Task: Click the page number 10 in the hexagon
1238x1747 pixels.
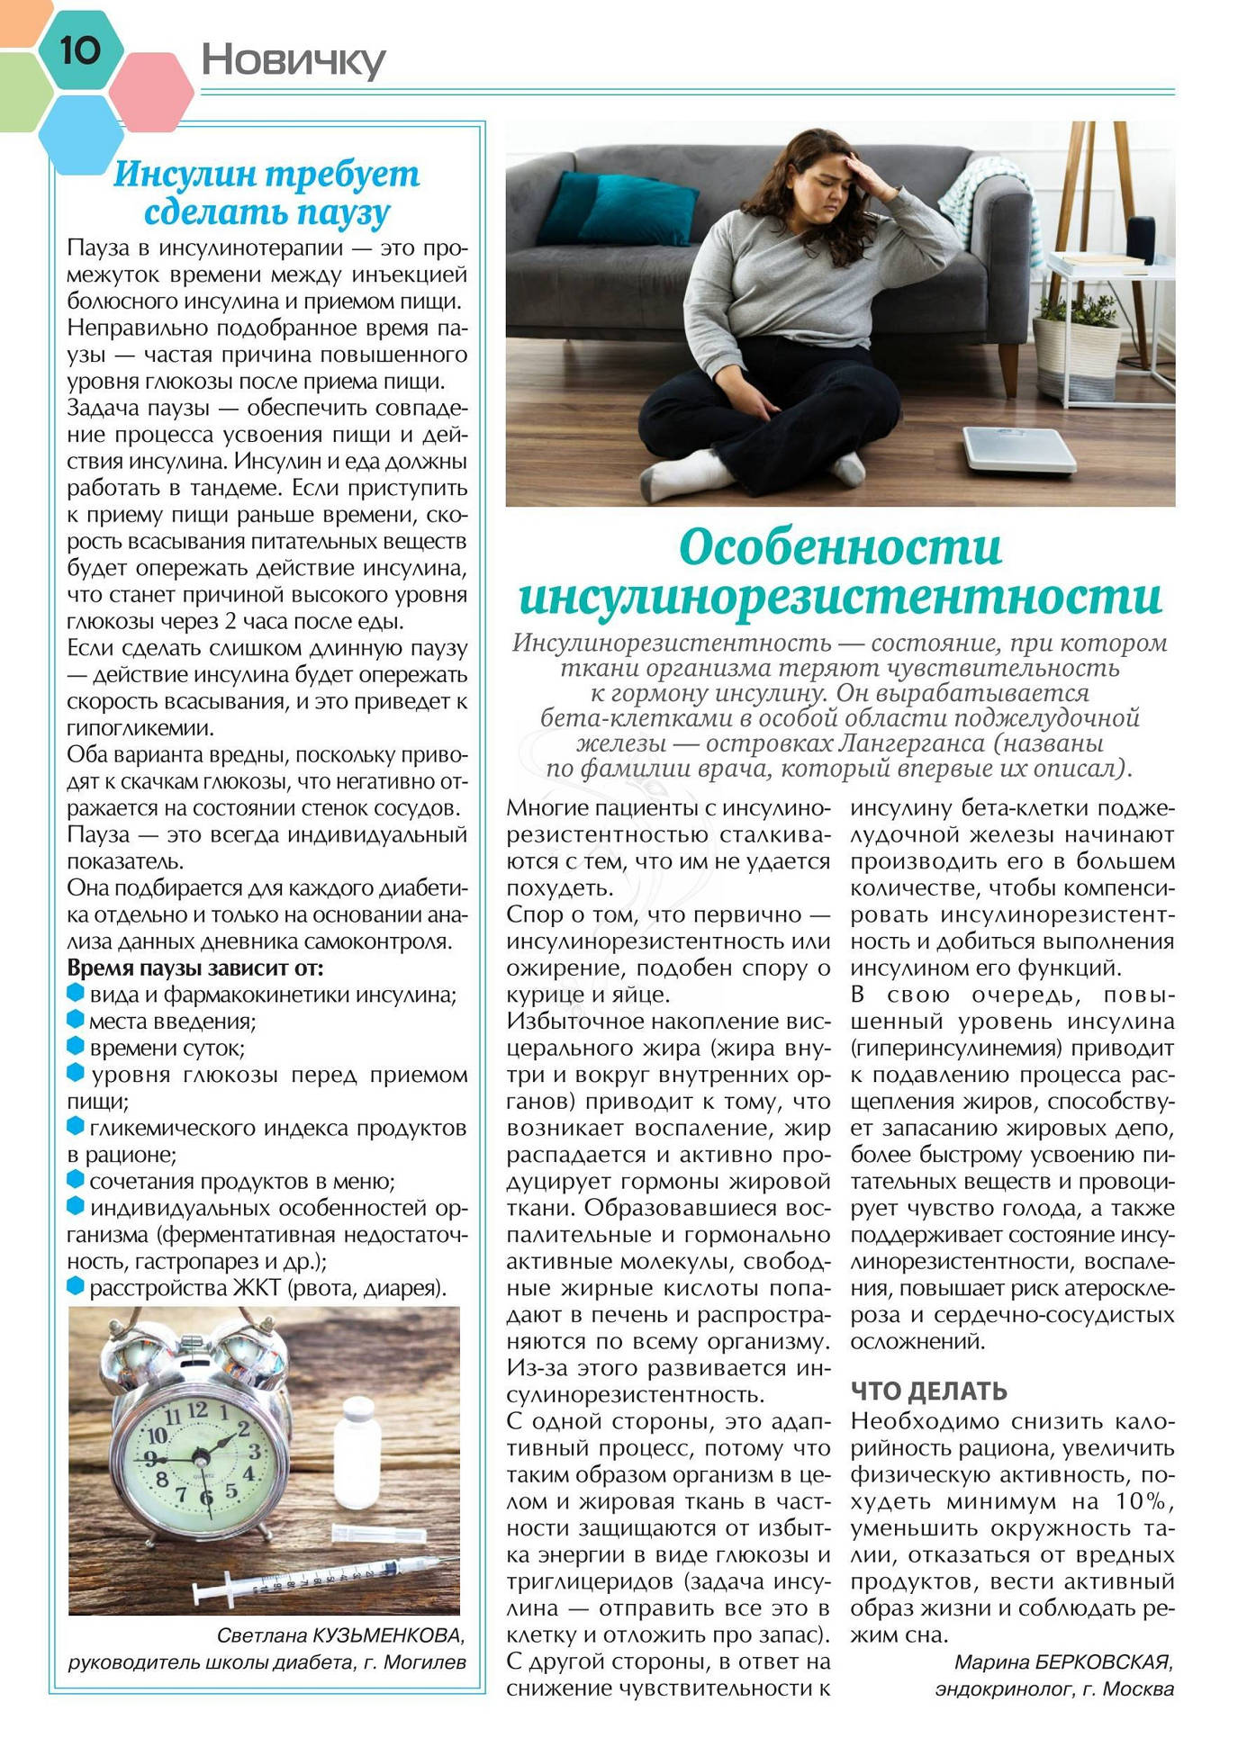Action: [79, 50]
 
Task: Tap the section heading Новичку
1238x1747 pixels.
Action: [293, 60]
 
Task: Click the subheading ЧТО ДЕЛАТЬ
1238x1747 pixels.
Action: [928, 1391]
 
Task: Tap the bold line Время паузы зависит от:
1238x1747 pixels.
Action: [194, 968]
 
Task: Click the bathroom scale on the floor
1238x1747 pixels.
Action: [1018, 447]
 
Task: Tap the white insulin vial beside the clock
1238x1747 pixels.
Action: [357, 1452]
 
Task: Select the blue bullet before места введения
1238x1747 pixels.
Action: [76, 1021]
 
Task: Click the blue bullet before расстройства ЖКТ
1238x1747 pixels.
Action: [76, 1287]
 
